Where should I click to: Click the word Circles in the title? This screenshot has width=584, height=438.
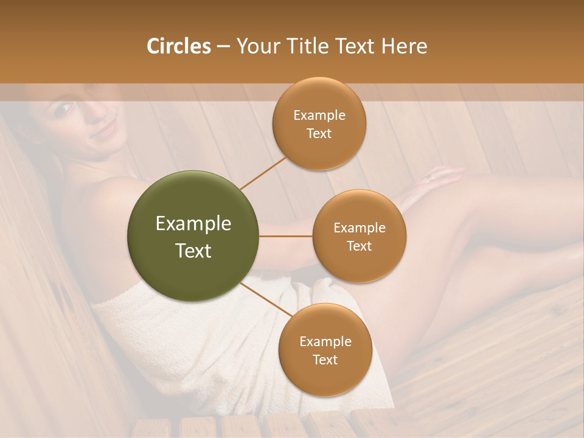[179, 46]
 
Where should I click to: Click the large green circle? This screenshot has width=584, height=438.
[193, 236]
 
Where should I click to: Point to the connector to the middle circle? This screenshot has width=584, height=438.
[286, 235]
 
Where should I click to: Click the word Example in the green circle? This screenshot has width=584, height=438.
[193, 224]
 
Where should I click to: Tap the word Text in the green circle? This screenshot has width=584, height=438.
[193, 251]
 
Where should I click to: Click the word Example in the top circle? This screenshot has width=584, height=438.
[319, 116]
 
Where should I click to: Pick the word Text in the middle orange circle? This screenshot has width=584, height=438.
[360, 246]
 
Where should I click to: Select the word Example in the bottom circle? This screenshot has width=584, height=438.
[325, 342]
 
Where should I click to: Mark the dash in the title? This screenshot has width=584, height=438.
[223, 47]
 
